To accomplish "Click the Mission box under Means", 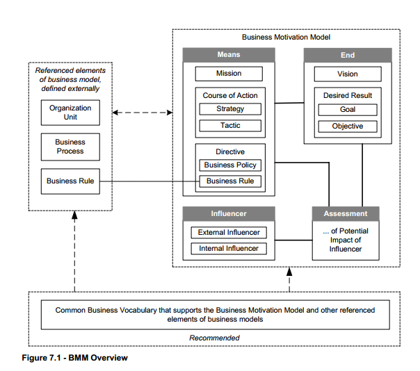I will pyautogui.click(x=229, y=73).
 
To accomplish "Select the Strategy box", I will pyautogui.click(x=230, y=108).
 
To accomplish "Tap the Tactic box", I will pyautogui.click(x=230, y=126).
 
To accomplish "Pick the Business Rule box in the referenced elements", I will pyautogui.click(x=70, y=181).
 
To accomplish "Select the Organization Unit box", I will pyautogui.click(x=70, y=113).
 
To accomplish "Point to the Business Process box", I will pyautogui.click(x=70, y=147).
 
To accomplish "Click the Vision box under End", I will pyautogui.click(x=348, y=73).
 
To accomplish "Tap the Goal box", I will pyautogui.click(x=348, y=109).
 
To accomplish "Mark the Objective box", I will pyautogui.click(x=348, y=126).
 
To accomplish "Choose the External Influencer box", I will pyautogui.click(x=228, y=232).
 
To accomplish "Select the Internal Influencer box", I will pyautogui.click(x=228, y=248).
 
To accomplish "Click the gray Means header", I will pyautogui.click(x=229, y=55).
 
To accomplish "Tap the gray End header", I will pyautogui.click(x=348, y=55).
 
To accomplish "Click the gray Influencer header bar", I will pyautogui.click(x=229, y=213).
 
